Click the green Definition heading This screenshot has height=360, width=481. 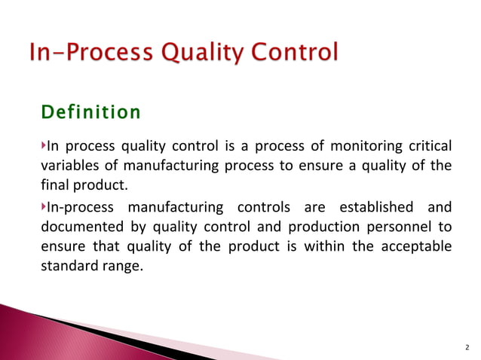(x=90, y=113)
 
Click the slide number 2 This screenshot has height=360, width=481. (x=467, y=348)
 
